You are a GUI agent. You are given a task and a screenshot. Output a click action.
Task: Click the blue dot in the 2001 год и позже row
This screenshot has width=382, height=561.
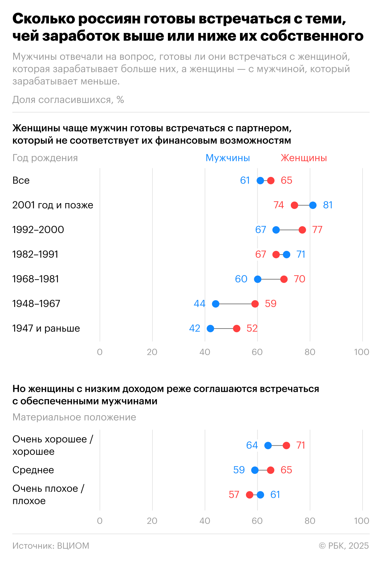point(313,205)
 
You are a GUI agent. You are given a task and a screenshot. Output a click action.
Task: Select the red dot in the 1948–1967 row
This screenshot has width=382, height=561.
point(255,304)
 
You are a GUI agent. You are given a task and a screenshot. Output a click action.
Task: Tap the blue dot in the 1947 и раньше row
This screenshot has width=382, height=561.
point(210,329)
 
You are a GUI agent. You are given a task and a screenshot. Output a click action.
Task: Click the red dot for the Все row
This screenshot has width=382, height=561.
point(271,181)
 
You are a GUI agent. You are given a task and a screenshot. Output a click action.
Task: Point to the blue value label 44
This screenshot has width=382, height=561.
point(199,304)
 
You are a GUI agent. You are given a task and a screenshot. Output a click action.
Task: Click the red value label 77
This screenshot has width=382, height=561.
point(317,230)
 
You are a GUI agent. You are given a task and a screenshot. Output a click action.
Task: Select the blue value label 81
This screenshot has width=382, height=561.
point(328,205)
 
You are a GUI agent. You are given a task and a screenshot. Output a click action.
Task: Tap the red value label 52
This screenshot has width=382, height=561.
point(252,328)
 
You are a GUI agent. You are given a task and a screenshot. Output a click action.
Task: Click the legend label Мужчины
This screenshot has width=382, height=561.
point(228,158)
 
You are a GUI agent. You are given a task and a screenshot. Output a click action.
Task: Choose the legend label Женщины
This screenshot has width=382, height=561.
point(303,158)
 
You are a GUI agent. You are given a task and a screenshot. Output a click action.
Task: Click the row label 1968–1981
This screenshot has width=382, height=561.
point(35,279)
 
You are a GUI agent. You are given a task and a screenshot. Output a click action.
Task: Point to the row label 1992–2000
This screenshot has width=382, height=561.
point(38,230)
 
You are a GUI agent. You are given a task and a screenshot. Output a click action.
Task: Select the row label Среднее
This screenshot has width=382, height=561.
point(33,470)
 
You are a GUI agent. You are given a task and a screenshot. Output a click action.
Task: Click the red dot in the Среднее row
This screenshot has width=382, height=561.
point(271,470)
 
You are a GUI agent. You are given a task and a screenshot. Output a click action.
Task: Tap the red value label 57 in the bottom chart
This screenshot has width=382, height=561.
point(234,495)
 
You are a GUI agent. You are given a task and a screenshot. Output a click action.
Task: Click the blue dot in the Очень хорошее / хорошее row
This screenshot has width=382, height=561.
point(268,446)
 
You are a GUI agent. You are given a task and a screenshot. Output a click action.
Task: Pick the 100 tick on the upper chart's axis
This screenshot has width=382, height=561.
point(362,352)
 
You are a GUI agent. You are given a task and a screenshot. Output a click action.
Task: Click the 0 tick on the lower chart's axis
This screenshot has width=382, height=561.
point(100,521)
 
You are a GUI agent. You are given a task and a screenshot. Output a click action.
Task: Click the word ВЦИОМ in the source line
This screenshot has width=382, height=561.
point(73,546)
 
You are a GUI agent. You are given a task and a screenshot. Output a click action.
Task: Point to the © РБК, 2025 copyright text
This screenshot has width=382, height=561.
point(344,546)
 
